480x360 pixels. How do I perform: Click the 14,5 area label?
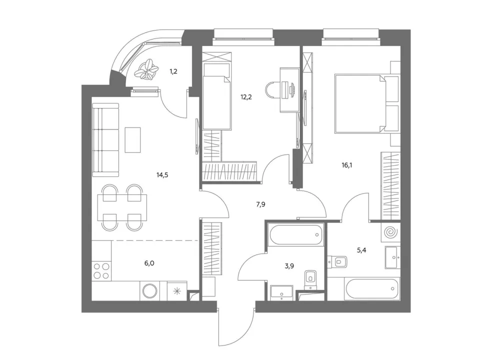[162, 175]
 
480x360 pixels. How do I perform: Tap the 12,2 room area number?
[246, 97]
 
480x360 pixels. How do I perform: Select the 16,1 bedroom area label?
[347, 165]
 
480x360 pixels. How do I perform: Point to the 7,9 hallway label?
[260, 204]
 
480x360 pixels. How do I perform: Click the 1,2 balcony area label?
[173, 71]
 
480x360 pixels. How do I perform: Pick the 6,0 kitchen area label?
[149, 263]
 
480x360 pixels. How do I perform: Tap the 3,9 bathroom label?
[289, 266]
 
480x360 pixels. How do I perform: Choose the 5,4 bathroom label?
[361, 250]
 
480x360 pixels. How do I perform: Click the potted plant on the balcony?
[147, 69]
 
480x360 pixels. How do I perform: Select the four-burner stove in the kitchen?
[101, 271]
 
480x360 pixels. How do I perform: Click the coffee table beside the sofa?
[132, 140]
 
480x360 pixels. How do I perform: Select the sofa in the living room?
[105, 140]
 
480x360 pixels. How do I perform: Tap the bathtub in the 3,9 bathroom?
[295, 235]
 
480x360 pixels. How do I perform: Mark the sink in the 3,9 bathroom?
[281, 292]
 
